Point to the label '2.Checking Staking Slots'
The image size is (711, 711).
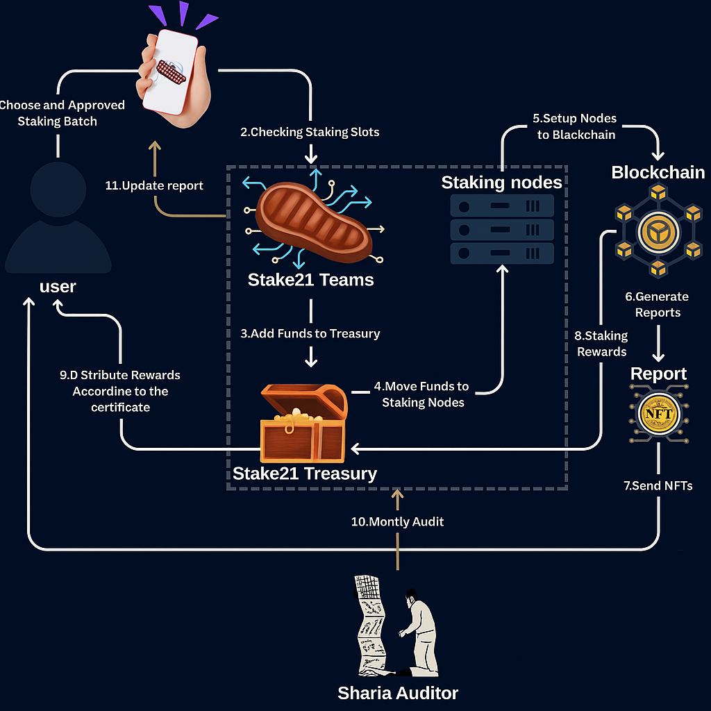[310, 132]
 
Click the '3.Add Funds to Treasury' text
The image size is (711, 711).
[310, 333]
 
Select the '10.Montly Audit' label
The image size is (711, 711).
[397, 521]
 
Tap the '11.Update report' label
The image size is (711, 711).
[154, 185]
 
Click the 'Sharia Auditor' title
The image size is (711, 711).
[398, 692]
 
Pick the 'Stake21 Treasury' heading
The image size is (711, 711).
[304, 474]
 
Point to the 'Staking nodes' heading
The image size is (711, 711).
[501, 183]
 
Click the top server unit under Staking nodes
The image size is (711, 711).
[502, 206]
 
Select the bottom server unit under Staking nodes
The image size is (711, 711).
[502, 253]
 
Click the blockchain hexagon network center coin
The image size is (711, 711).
[657, 235]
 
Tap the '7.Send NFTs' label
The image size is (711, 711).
[658, 485]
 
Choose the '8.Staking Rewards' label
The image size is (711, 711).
[601, 344]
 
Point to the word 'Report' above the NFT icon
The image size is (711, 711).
[658, 374]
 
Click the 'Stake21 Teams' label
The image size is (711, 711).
[310, 280]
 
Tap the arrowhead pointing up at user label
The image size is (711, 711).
[28, 303]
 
